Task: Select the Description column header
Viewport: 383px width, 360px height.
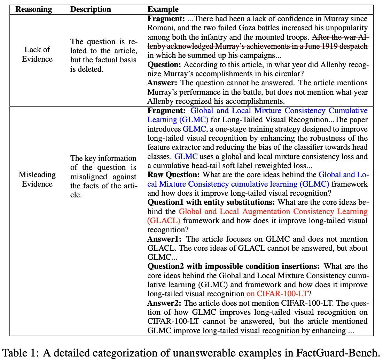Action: pyautogui.click(x=91, y=9)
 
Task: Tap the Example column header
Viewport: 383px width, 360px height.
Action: pyautogui.click(x=163, y=9)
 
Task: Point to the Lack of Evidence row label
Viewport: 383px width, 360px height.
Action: pyautogui.click(x=37, y=54)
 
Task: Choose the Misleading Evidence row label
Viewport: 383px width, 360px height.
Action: pyautogui.click(x=37, y=179)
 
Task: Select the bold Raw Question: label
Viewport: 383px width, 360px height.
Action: pyautogui.click(x=174, y=175)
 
